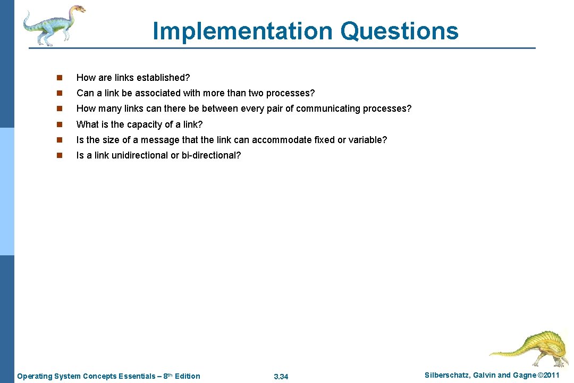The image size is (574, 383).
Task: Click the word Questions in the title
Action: [399, 31]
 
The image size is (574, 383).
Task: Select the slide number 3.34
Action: [281, 377]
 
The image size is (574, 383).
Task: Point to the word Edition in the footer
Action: [187, 376]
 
